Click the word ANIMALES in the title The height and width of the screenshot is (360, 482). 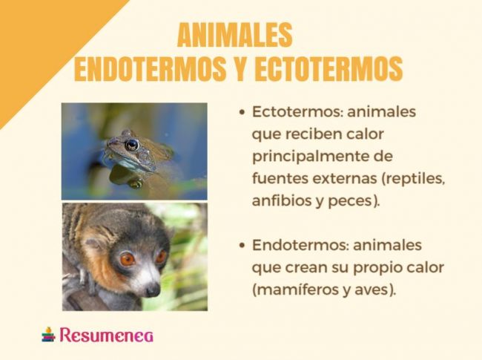(x=235, y=35)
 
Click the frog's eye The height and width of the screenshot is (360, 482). (x=132, y=145)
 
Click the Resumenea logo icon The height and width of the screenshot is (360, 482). (x=48, y=334)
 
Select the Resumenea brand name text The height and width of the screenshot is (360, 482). (x=107, y=335)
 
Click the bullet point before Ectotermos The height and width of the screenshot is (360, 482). (x=242, y=114)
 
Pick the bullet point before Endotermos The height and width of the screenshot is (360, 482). (x=242, y=246)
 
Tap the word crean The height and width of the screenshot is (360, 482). (x=302, y=267)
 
